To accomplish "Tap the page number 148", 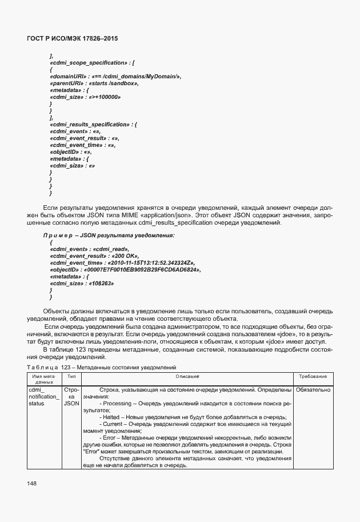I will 31,484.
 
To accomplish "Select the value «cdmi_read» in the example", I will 110,249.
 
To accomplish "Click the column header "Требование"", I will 313,377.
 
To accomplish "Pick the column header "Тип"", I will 71,377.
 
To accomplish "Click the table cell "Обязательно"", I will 313,390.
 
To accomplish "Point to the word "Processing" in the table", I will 118,404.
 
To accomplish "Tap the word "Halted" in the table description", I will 112,417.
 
